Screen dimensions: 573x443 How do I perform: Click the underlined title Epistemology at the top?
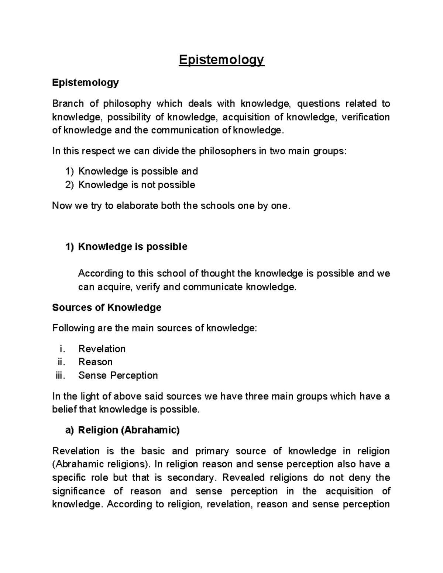[221, 60]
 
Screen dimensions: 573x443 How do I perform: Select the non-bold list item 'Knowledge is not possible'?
[137, 184]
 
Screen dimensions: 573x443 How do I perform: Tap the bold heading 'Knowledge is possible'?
[133, 246]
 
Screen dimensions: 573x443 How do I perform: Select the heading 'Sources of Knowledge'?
[107, 308]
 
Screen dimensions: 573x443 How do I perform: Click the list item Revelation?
[102, 349]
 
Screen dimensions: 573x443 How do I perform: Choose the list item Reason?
[95, 362]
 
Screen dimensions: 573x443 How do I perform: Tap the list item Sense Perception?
[118, 376]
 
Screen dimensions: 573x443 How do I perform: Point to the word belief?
[65, 410]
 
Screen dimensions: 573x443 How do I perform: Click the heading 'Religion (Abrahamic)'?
[129, 430]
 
